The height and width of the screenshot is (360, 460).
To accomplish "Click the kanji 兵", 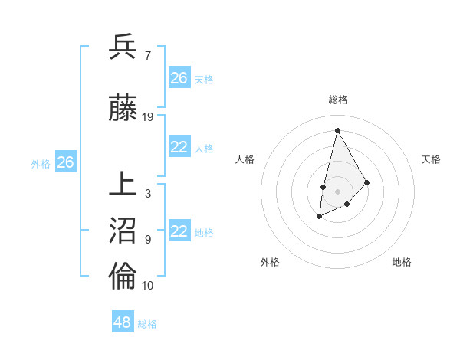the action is [123, 47].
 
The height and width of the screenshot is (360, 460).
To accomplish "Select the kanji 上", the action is [123, 185].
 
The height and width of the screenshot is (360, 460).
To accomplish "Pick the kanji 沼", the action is [123, 232].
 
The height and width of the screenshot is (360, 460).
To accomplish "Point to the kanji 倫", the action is [123, 277].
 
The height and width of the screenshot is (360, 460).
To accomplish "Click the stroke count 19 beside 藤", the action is [148, 117].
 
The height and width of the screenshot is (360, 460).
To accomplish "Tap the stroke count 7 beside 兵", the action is [148, 56].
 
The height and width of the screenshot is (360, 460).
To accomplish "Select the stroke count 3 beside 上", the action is [148, 194].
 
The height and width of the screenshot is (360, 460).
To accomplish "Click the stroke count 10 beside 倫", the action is [148, 286].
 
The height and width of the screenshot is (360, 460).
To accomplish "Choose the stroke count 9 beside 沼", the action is [148, 240].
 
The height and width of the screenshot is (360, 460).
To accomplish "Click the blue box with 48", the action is [123, 322].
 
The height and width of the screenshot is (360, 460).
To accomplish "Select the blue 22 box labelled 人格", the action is [179, 148].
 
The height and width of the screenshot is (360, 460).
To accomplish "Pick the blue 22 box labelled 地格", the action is [179, 232].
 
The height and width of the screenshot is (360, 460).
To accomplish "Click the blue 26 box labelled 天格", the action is [179, 78].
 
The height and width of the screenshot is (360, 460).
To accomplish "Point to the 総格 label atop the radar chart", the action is [337, 100].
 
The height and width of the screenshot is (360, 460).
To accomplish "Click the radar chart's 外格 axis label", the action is [270, 262].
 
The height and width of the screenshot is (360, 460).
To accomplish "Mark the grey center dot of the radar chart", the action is [337, 191].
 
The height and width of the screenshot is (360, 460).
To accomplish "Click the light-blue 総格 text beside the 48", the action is [147, 324].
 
